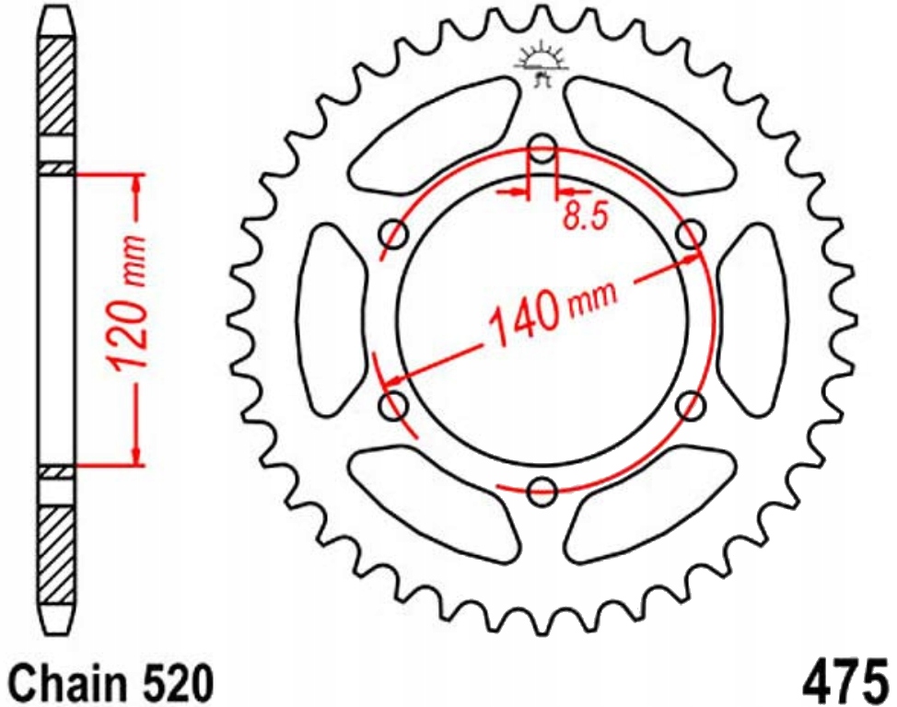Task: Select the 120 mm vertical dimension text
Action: [127, 304]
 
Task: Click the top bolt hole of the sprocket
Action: [543, 148]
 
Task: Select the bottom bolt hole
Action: [543, 489]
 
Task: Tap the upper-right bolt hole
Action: [690, 234]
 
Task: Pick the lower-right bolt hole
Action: [690, 404]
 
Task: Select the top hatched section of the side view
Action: [56, 88]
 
